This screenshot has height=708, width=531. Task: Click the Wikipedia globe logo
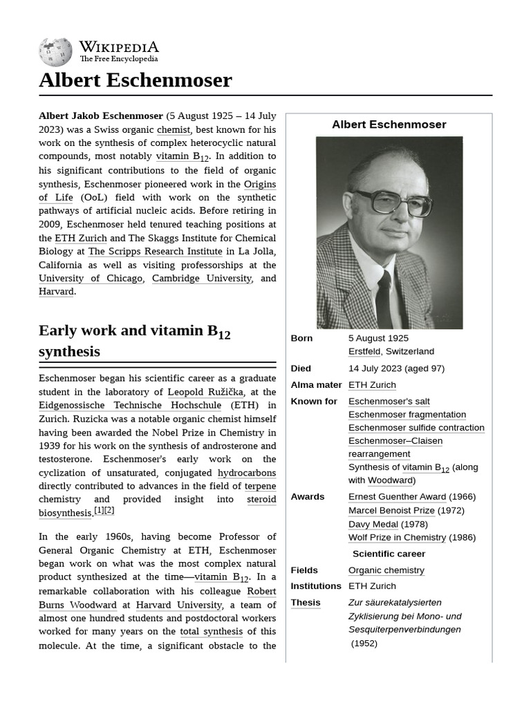coord(55,52)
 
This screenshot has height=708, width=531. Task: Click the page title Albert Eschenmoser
coord(135,80)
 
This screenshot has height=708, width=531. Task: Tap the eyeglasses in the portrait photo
coord(392,202)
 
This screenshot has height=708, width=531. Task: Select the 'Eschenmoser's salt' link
coord(389,402)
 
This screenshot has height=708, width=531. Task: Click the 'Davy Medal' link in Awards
coord(373,524)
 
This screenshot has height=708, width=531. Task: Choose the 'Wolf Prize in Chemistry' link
coord(397,538)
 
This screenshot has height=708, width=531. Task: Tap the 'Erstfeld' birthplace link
coord(364,351)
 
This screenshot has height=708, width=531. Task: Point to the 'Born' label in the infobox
coord(301,338)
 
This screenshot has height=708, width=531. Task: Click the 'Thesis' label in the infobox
coord(305,603)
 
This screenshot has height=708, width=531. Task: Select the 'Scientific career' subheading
coord(389,554)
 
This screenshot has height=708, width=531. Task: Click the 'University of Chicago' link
coord(91,278)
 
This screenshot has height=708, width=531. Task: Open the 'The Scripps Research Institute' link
coord(155,252)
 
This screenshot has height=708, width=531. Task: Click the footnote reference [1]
coord(98,510)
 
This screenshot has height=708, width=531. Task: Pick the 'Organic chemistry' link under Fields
coord(386,570)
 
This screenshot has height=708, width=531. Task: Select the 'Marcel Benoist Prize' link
coord(391,510)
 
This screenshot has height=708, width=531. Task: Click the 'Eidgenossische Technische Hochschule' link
coord(130,405)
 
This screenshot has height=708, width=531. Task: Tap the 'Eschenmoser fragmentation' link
coord(407,415)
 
